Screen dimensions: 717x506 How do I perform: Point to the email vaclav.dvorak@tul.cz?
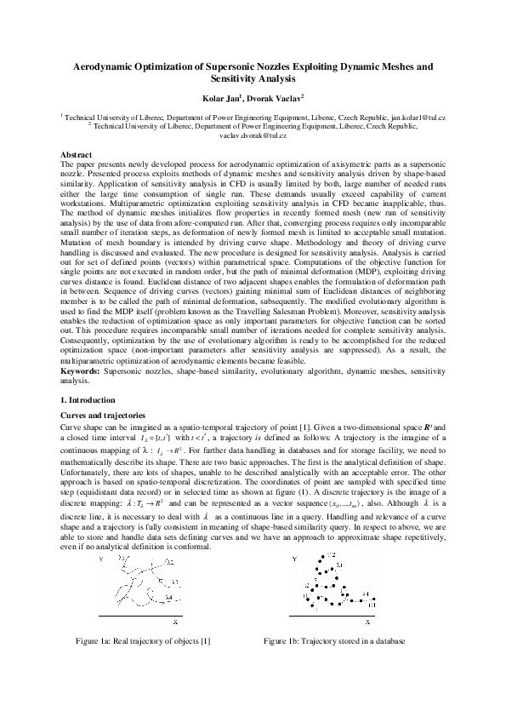pyautogui.click(x=253, y=135)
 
